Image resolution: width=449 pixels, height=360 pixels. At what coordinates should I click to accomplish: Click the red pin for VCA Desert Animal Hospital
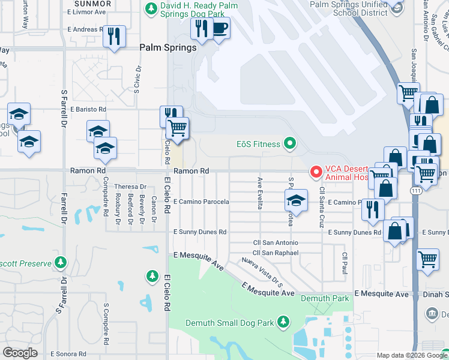pos(315,172)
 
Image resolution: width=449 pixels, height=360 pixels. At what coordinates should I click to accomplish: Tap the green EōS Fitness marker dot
pos(291,143)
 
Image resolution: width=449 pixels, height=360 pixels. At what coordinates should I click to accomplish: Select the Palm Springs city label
pos(167,47)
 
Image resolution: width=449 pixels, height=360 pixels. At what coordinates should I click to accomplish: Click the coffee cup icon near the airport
pos(220,28)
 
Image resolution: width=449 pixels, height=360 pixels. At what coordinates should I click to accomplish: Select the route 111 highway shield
pos(415,190)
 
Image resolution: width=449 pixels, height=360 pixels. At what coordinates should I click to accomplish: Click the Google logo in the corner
pos(20,353)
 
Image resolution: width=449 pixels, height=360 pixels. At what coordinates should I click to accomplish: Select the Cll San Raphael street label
pos(276,253)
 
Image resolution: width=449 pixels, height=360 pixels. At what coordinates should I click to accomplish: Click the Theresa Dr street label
pos(126,187)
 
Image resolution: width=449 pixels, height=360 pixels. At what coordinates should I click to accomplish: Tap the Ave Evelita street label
pos(260,193)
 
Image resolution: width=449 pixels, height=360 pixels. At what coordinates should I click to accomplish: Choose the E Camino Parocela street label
pos(201,202)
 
